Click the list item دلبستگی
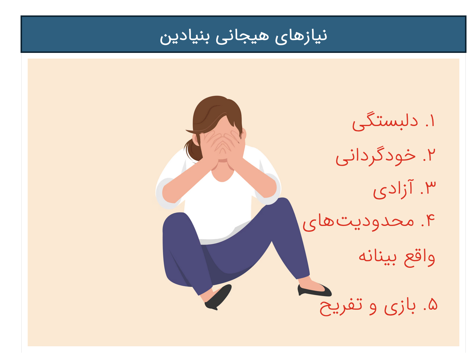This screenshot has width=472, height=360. click(x=385, y=122)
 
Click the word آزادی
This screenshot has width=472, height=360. click(x=393, y=189)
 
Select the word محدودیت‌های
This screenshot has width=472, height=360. click(x=358, y=222)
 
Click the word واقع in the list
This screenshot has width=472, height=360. click(x=419, y=256)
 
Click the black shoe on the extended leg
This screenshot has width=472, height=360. click(x=314, y=290)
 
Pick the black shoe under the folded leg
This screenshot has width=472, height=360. click(x=218, y=298)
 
